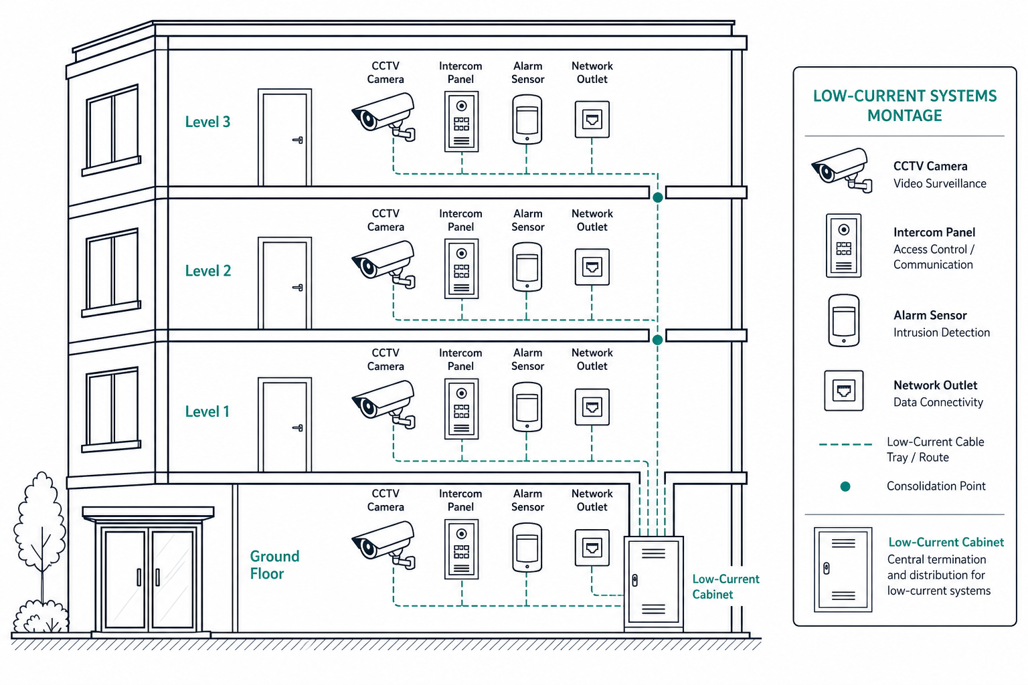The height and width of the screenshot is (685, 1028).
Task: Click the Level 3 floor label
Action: pyautogui.click(x=207, y=122)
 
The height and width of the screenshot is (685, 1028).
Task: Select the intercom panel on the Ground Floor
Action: pyautogui.click(x=462, y=549)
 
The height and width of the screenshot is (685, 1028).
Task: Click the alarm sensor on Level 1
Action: pyautogui.click(x=527, y=407)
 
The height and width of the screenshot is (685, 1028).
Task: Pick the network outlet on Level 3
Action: pyautogui.click(x=592, y=119)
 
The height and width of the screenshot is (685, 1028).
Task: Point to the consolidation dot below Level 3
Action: pyautogui.click(x=658, y=197)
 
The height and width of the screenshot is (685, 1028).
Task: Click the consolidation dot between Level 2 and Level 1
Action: pyautogui.click(x=658, y=340)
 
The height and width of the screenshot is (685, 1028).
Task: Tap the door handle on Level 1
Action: pyautogui.click(x=298, y=428)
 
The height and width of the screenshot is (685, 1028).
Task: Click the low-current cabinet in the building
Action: pyautogui.click(x=653, y=583)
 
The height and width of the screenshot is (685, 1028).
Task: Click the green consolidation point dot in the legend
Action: pyautogui.click(x=845, y=487)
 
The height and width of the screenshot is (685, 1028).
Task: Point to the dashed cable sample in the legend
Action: pyautogui.click(x=845, y=444)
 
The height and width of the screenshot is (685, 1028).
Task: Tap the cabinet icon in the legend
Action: pyautogui.click(x=843, y=569)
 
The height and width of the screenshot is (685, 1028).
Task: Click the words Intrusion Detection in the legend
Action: pyautogui.click(x=941, y=332)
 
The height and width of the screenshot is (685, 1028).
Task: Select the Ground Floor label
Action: pyautogui.click(x=274, y=565)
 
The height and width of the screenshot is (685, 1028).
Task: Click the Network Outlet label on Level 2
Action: pyautogui.click(x=592, y=220)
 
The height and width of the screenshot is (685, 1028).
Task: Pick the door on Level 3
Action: pyautogui.click(x=285, y=137)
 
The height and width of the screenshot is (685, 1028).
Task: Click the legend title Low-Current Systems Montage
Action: pyautogui.click(x=905, y=106)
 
